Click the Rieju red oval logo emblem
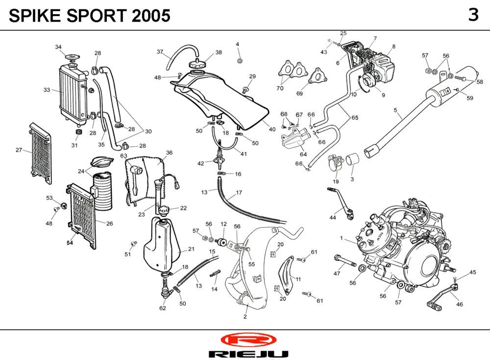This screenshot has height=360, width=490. pos(248,340)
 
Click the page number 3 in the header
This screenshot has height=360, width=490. pos(473,15)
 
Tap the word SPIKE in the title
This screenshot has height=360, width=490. pos(33,16)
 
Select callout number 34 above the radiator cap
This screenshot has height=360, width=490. pos(58,47)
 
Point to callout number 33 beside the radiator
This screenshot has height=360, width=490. pos(47,90)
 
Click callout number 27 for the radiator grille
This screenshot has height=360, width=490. pos(19,150)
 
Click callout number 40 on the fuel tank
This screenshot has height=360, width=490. pos(272,129)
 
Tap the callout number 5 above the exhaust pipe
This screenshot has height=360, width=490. pos(395,110)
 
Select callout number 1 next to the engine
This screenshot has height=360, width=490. pos(341,238)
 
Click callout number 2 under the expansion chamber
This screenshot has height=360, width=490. pos(245,316)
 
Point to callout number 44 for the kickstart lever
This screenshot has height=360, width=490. pos(333,217)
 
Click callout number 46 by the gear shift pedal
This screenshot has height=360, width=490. pos(459,304)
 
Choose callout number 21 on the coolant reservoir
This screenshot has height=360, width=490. pos(191,249)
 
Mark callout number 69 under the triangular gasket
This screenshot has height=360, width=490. pos(300,93)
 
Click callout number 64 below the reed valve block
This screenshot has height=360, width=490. pos(303,154)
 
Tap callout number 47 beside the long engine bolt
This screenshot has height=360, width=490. pos(337,273)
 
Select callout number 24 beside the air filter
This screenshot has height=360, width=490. pos(81,171)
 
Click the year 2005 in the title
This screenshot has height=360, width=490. pos(151,16)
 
